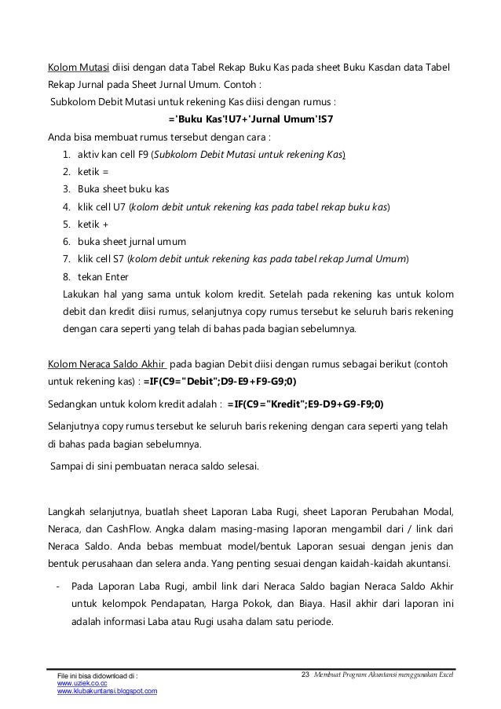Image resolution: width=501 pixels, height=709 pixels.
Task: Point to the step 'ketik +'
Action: click(x=92, y=224)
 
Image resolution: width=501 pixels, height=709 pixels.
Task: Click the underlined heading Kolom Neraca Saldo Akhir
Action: click(x=107, y=364)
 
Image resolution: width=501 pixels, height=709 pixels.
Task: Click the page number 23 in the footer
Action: click(x=306, y=674)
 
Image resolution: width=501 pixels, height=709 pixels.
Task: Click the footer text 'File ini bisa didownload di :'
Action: click(x=99, y=675)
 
